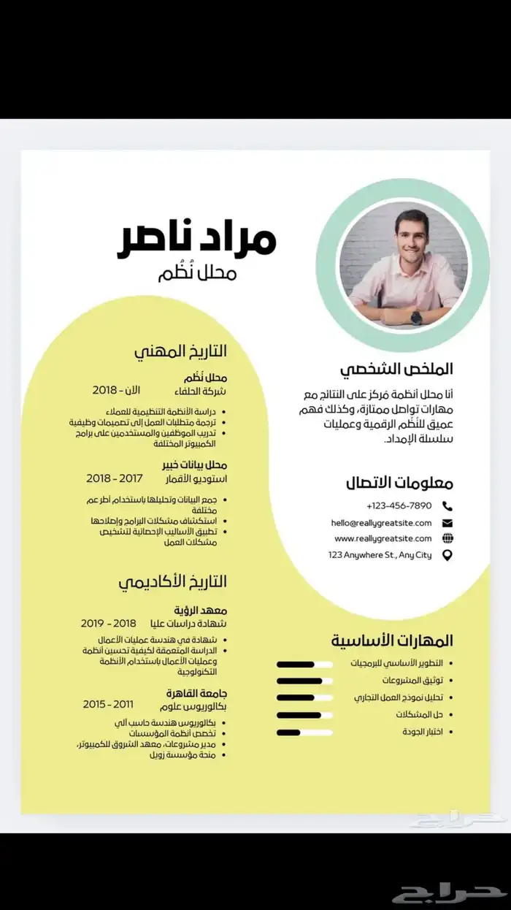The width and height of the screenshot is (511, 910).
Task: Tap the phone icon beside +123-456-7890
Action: coord(447,506)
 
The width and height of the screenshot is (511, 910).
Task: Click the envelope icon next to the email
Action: coord(447,523)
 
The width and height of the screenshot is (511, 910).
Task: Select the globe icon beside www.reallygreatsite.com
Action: coord(447,539)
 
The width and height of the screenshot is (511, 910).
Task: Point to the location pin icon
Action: coord(447,556)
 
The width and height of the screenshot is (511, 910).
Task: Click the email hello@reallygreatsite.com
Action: coord(381,523)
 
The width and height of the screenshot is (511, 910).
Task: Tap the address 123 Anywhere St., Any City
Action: coord(380,555)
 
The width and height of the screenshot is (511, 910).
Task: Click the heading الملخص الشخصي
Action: coord(400,369)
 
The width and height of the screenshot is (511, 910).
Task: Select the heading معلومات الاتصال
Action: coord(399,483)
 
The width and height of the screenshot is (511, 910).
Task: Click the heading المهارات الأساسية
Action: coord(392,641)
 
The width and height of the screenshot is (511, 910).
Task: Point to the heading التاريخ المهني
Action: coord(180,351)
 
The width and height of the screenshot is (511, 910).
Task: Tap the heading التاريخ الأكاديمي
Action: coord(173,581)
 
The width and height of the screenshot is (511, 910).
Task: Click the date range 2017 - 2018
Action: coord(114,478)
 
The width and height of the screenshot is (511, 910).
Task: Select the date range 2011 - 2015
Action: coord(108,704)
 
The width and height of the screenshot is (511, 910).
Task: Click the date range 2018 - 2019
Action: coord(108,623)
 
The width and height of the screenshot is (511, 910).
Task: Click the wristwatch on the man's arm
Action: coord(415,317)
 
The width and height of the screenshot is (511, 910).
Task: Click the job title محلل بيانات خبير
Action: coord(195,465)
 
